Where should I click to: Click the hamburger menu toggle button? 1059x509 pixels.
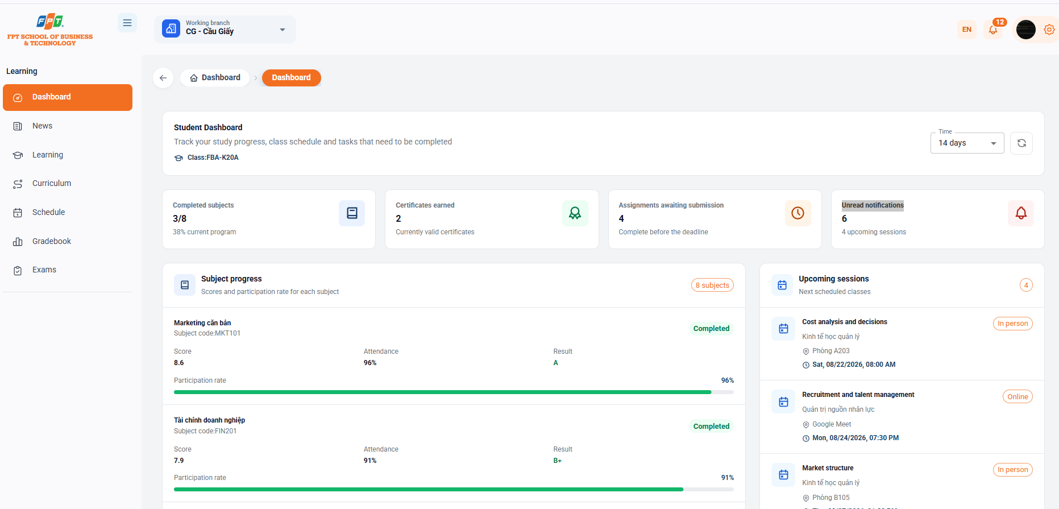(x=127, y=23)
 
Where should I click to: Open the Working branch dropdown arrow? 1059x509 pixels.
(x=283, y=30)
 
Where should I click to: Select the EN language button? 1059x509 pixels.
(x=967, y=30)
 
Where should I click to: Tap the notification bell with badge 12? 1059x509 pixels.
(x=994, y=30)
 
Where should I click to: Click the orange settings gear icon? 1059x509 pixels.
(x=1049, y=30)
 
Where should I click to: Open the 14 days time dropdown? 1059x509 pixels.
(x=967, y=143)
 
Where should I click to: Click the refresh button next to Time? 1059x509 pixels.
(x=1021, y=143)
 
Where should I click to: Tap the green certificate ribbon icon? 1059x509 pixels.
(x=575, y=213)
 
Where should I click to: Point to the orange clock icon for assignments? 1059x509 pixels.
(x=798, y=213)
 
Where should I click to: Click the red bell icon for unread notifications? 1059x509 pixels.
(x=1021, y=213)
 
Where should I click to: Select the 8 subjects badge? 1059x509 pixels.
(x=712, y=285)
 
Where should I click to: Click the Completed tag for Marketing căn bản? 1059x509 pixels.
(x=711, y=329)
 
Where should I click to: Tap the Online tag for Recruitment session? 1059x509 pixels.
(x=1018, y=397)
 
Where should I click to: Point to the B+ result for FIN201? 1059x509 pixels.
(x=558, y=461)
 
